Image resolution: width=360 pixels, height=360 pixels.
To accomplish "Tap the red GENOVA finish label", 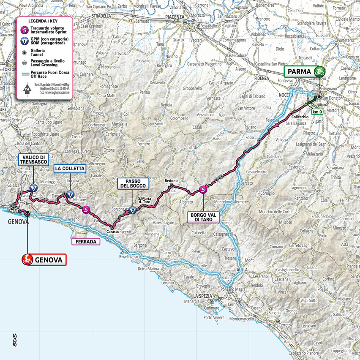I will pos(44,259).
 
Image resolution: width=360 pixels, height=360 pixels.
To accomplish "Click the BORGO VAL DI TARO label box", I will pos(204,217).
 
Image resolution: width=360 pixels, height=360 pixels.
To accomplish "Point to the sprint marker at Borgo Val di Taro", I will pos(204,190).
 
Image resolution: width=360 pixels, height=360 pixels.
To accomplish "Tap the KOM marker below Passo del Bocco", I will pos(133,210).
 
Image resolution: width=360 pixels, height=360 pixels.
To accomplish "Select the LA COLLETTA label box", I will pos(70,169).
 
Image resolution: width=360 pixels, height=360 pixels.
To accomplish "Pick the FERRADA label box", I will pos(86,242).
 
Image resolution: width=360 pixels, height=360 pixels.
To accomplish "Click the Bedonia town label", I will pos(172,181).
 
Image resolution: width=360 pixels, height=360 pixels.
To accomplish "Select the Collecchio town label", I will pos(299,117).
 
